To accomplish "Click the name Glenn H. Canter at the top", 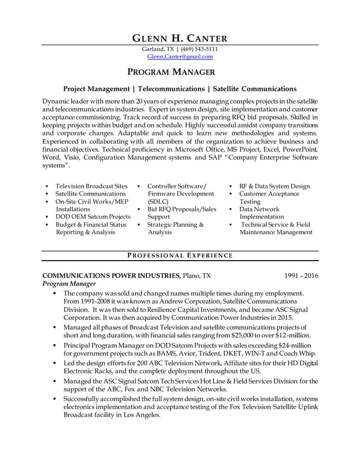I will [x=179, y=38].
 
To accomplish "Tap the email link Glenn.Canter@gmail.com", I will [x=179, y=57].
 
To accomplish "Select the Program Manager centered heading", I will [x=179, y=72].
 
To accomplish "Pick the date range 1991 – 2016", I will [x=301, y=276].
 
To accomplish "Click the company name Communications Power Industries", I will [x=111, y=276].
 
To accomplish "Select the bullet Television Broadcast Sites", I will [x=91, y=186].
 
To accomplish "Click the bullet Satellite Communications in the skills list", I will [x=90, y=194].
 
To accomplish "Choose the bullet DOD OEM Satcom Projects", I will [x=93, y=217].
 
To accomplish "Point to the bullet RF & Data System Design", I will [x=274, y=186].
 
